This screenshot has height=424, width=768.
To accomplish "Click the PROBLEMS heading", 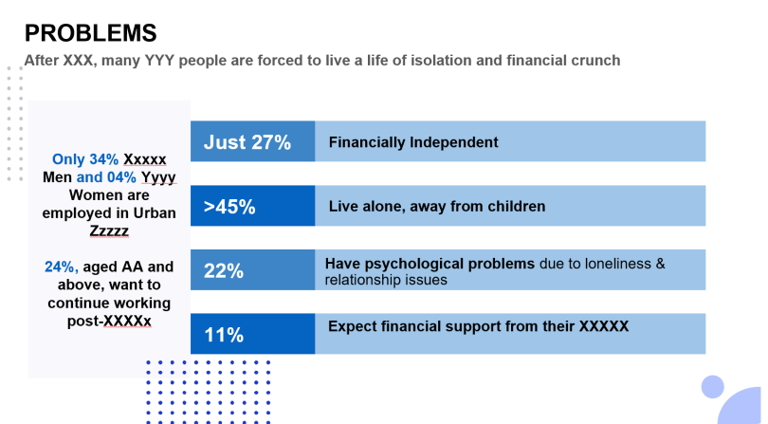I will pyautogui.click(x=90, y=33).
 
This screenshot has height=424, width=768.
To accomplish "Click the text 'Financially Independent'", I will pyautogui.click(x=413, y=142).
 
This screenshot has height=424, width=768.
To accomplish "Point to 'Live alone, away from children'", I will pyautogui.click(x=437, y=206).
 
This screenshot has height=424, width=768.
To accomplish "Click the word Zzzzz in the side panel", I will pyautogui.click(x=109, y=230).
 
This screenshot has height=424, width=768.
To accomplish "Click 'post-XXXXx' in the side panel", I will pyautogui.click(x=109, y=321).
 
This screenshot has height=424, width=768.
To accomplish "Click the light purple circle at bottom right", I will pyautogui.click(x=712, y=386).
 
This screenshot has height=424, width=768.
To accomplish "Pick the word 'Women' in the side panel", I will pyautogui.click(x=68, y=194).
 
